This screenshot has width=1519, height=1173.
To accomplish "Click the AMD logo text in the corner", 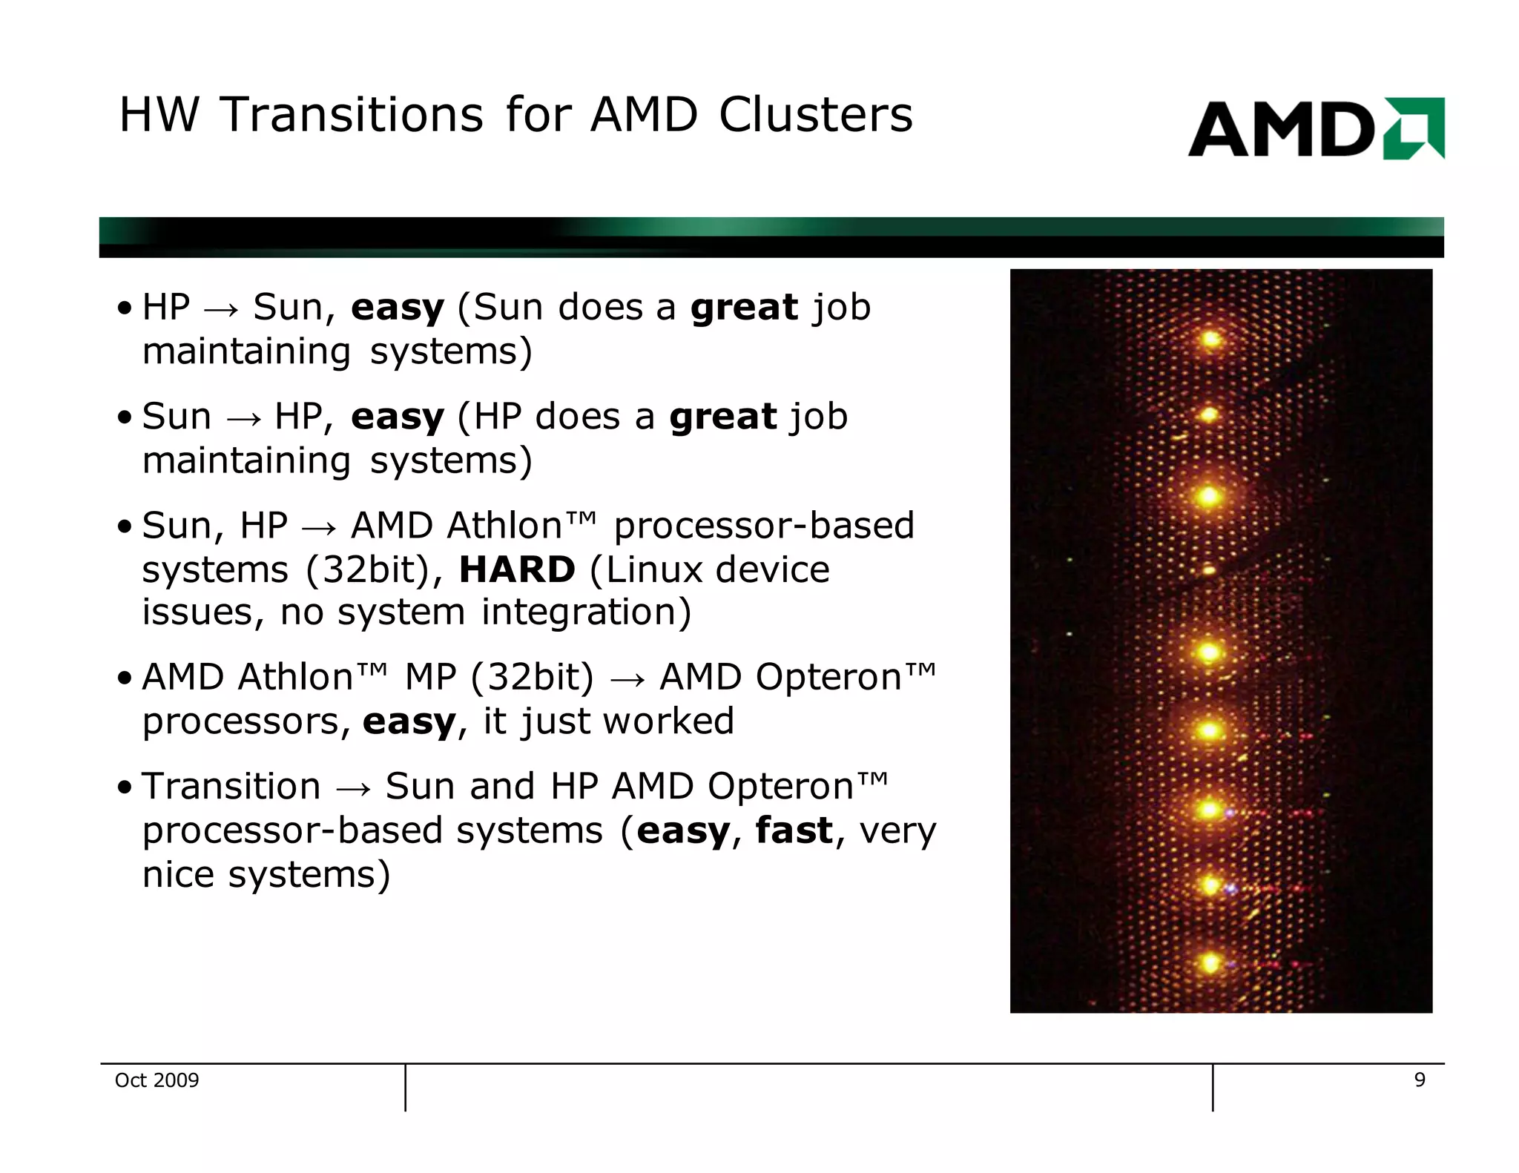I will (x=1282, y=130).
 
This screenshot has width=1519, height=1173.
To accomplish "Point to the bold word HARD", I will (x=517, y=569).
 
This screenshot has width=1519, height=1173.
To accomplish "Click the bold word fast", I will (x=794, y=830).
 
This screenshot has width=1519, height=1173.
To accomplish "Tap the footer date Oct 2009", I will (x=156, y=1080).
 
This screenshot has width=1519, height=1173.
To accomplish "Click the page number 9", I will (x=1420, y=1080).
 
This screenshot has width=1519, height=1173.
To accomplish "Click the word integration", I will (x=586, y=612).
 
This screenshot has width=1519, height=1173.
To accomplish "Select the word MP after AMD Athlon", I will (x=430, y=677).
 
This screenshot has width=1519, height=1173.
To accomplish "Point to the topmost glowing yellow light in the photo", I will (x=1211, y=340).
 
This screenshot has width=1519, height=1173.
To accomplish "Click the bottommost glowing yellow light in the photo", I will (x=1210, y=963).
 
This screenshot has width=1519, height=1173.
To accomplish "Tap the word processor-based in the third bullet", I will (x=764, y=526).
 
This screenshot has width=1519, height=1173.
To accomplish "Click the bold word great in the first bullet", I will (x=744, y=308).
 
